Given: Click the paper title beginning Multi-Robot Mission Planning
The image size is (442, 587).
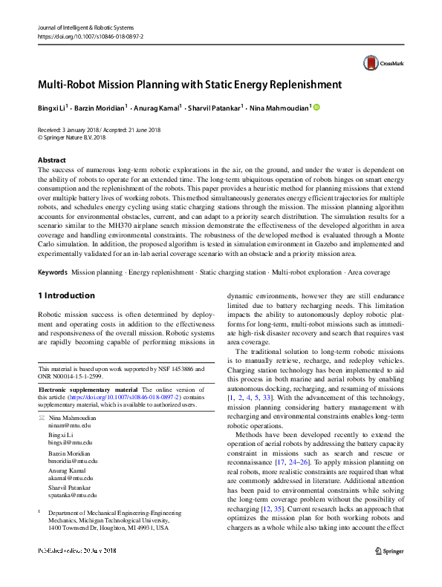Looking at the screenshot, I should tap(189, 85).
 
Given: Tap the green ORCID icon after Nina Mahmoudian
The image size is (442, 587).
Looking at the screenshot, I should tap(316, 108).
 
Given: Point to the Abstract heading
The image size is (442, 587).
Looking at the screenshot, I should tap(52, 160).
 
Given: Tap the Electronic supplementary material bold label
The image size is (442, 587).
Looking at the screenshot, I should tap(88, 390).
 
